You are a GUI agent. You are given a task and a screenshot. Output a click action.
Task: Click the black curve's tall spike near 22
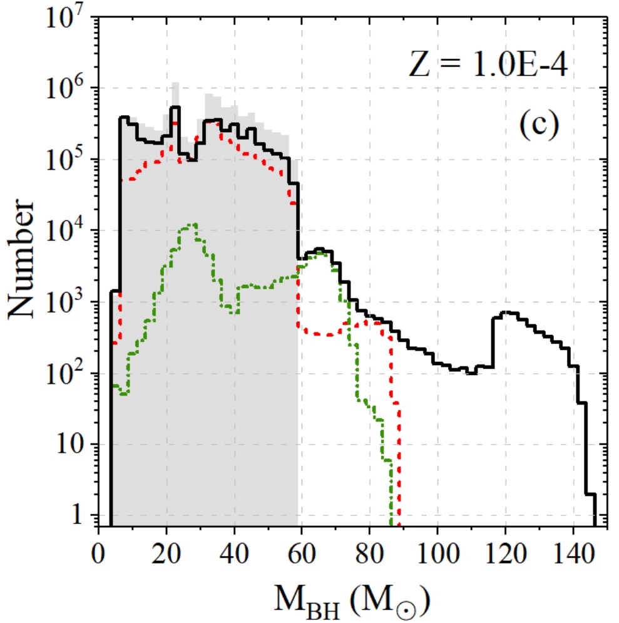(x=175, y=107)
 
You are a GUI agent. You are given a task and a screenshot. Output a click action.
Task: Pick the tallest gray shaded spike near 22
(x=176, y=83)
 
